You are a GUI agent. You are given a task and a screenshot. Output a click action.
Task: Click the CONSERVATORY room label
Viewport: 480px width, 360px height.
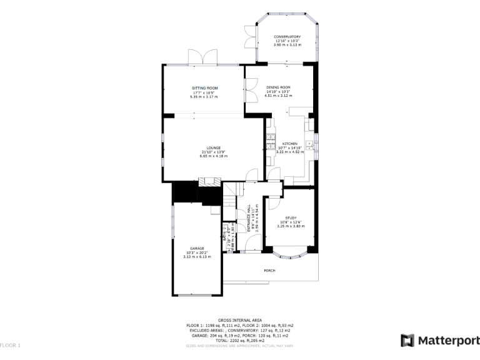tap(287, 37)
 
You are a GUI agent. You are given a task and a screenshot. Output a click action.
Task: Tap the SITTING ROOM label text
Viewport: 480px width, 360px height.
tap(204, 88)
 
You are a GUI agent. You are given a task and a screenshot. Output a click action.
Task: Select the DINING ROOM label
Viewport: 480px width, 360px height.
tap(278, 87)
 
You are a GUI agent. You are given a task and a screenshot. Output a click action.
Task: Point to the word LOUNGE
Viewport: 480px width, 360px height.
tap(212, 147)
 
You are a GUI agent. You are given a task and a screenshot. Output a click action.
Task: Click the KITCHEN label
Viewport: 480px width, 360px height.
tap(289, 143)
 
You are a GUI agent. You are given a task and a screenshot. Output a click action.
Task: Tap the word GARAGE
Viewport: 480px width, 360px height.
tap(197, 248)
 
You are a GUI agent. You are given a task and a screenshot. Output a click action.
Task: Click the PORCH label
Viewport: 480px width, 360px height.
tap(269, 271)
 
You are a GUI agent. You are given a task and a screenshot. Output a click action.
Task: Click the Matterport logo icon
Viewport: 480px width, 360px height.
tap(407, 340)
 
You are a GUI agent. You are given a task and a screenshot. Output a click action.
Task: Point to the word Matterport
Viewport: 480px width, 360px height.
tap(446, 341)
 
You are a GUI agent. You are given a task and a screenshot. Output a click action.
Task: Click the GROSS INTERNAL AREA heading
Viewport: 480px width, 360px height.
tap(239, 319)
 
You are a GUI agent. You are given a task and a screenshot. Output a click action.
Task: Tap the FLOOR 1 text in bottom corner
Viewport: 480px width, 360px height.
tap(11, 345)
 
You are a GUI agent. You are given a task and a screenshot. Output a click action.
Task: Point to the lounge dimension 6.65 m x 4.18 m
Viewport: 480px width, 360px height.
tap(212, 156)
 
